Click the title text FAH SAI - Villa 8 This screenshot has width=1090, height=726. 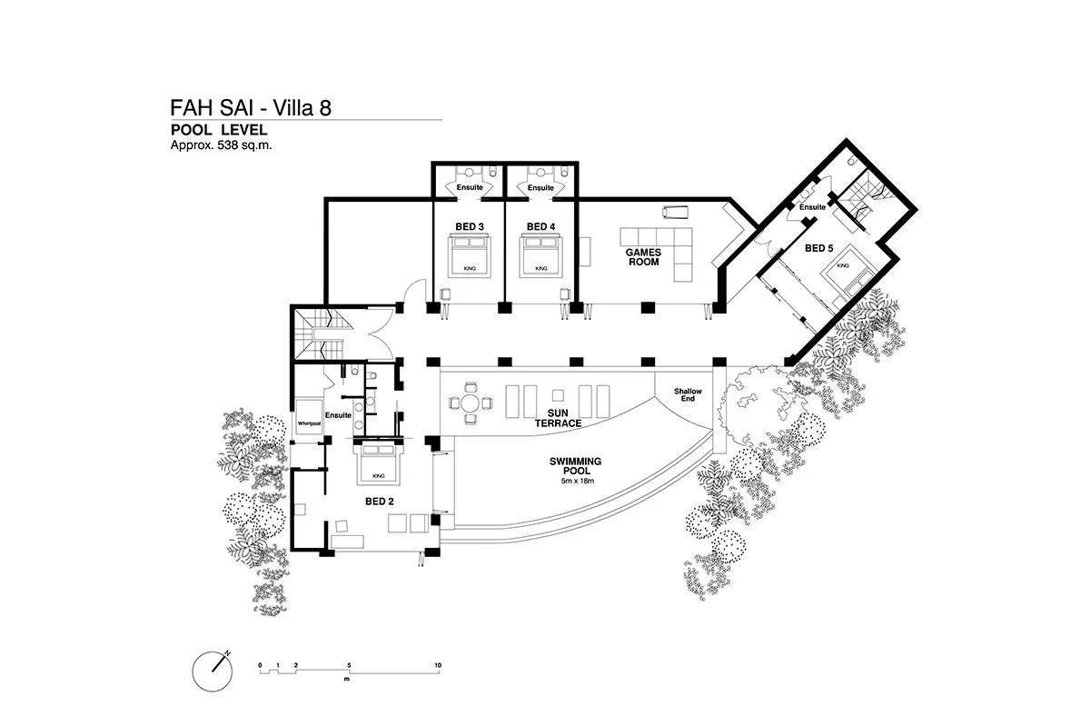tap(251, 108)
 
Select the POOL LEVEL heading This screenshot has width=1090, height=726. tap(218, 130)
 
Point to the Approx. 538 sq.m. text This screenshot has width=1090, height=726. tap(222, 144)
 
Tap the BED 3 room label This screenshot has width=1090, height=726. tap(469, 226)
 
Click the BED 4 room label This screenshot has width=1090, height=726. tap(540, 226)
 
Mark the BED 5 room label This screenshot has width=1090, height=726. tap(818, 247)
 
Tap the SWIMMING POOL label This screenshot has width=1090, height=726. tap(576, 466)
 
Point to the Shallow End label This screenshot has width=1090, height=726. tap(688, 395)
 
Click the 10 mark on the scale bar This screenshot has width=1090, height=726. tap(438, 666)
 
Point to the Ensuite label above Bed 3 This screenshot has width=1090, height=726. tap(469, 187)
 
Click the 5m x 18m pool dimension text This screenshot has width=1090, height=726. tap(576, 481)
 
